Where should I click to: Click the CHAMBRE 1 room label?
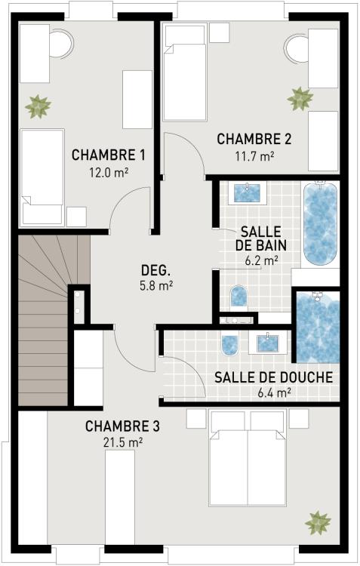click(x=109, y=155)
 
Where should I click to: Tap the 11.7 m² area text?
click(x=254, y=156)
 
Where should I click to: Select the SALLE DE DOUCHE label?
click(x=273, y=377)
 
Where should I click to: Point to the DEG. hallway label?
click(x=157, y=270)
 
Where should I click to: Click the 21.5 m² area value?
click(x=122, y=441)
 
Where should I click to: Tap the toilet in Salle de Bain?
click(x=238, y=296)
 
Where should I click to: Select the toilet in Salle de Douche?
click(x=230, y=344)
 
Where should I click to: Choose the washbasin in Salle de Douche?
click(x=268, y=343)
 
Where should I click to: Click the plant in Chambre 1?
click(x=37, y=106)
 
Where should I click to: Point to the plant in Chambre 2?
click(x=300, y=98)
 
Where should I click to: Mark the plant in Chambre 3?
click(x=318, y=521)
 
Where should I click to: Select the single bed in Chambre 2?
click(x=185, y=72)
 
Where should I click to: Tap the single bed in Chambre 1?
click(x=42, y=177)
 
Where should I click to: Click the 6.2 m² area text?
click(x=261, y=260)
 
